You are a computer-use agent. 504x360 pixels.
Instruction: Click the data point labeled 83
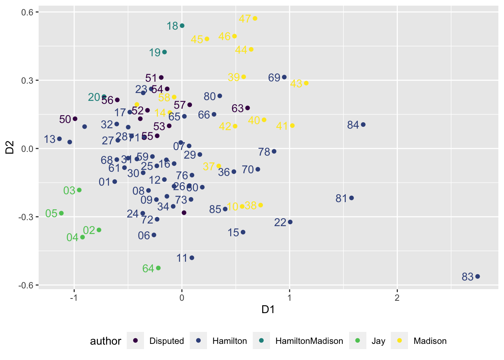coord(477,276)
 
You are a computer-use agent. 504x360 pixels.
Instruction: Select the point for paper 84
coord(363,124)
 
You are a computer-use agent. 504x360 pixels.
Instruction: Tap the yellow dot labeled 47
coord(255,18)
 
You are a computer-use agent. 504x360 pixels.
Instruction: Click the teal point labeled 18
coord(182,25)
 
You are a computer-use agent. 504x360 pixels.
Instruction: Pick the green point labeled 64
coord(158,268)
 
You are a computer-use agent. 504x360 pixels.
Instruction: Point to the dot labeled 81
coord(351,198)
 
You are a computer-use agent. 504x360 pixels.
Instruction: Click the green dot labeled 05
coord(61,213)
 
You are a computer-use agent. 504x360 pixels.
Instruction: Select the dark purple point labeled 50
coord(75,118)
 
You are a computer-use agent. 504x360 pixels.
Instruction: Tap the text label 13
coord(49,139)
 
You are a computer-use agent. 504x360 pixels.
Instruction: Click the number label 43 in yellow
coord(296,84)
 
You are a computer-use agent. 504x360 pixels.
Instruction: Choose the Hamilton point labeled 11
coord(192,258)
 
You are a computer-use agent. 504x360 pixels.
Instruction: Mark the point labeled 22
coord(290,222)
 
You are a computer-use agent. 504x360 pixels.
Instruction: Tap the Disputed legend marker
coord(136,340)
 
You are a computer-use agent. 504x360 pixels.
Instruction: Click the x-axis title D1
coord(268,309)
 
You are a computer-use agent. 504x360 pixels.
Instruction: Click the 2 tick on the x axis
coord(397,298)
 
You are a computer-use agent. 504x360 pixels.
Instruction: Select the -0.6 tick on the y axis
coord(26,285)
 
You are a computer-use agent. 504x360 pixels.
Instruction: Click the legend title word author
coord(105,341)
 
